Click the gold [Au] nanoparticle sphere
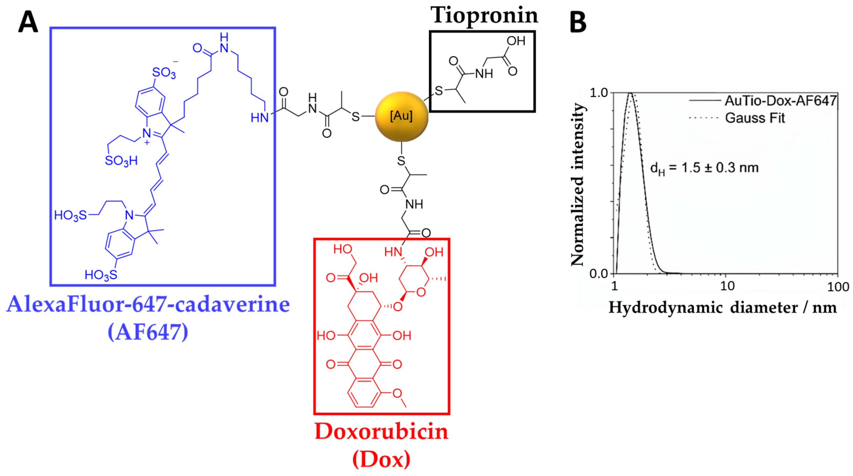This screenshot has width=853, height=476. (x=401, y=116)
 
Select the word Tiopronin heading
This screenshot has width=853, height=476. (x=484, y=15)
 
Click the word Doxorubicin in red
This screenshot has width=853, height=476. (x=382, y=432)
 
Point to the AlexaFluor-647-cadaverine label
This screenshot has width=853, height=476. (x=148, y=304)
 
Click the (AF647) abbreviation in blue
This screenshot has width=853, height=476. (x=148, y=332)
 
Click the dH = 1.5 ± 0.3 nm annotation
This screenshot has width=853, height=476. (x=705, y=168)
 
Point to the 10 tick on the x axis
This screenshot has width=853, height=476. (x=727, y=286)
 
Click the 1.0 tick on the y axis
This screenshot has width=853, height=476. (x=599, y=93)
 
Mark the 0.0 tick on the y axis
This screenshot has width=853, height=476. (x=599, y=274)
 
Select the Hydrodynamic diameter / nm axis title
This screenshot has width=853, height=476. (x=723, y=308)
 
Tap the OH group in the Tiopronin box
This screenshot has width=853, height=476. (x=516, y=41)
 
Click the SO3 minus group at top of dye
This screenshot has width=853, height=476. (x=165, y=72)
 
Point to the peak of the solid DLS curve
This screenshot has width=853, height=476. (x=630, y=94)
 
